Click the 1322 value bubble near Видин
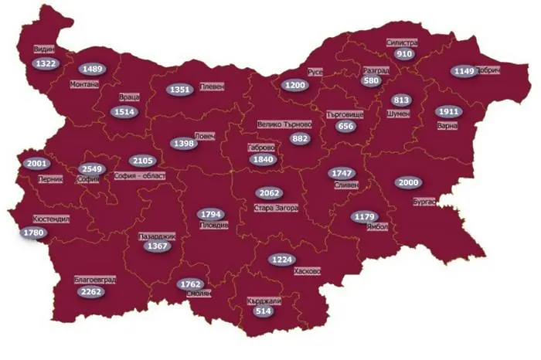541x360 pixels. click(x=46, y=63)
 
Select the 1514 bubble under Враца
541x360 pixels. click(x=124, y=112)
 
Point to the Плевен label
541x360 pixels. click(x=211, y=88)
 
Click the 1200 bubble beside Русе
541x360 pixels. click(x=294, y=85)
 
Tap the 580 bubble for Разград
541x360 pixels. click(x=371, y=80)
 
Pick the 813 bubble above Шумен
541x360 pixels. click(x=401, y=100)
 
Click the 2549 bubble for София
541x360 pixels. click(x=92, y=168)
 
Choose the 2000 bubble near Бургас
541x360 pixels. click(x=408, y=183)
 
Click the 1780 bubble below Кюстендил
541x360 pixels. click(x=33, y=233)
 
